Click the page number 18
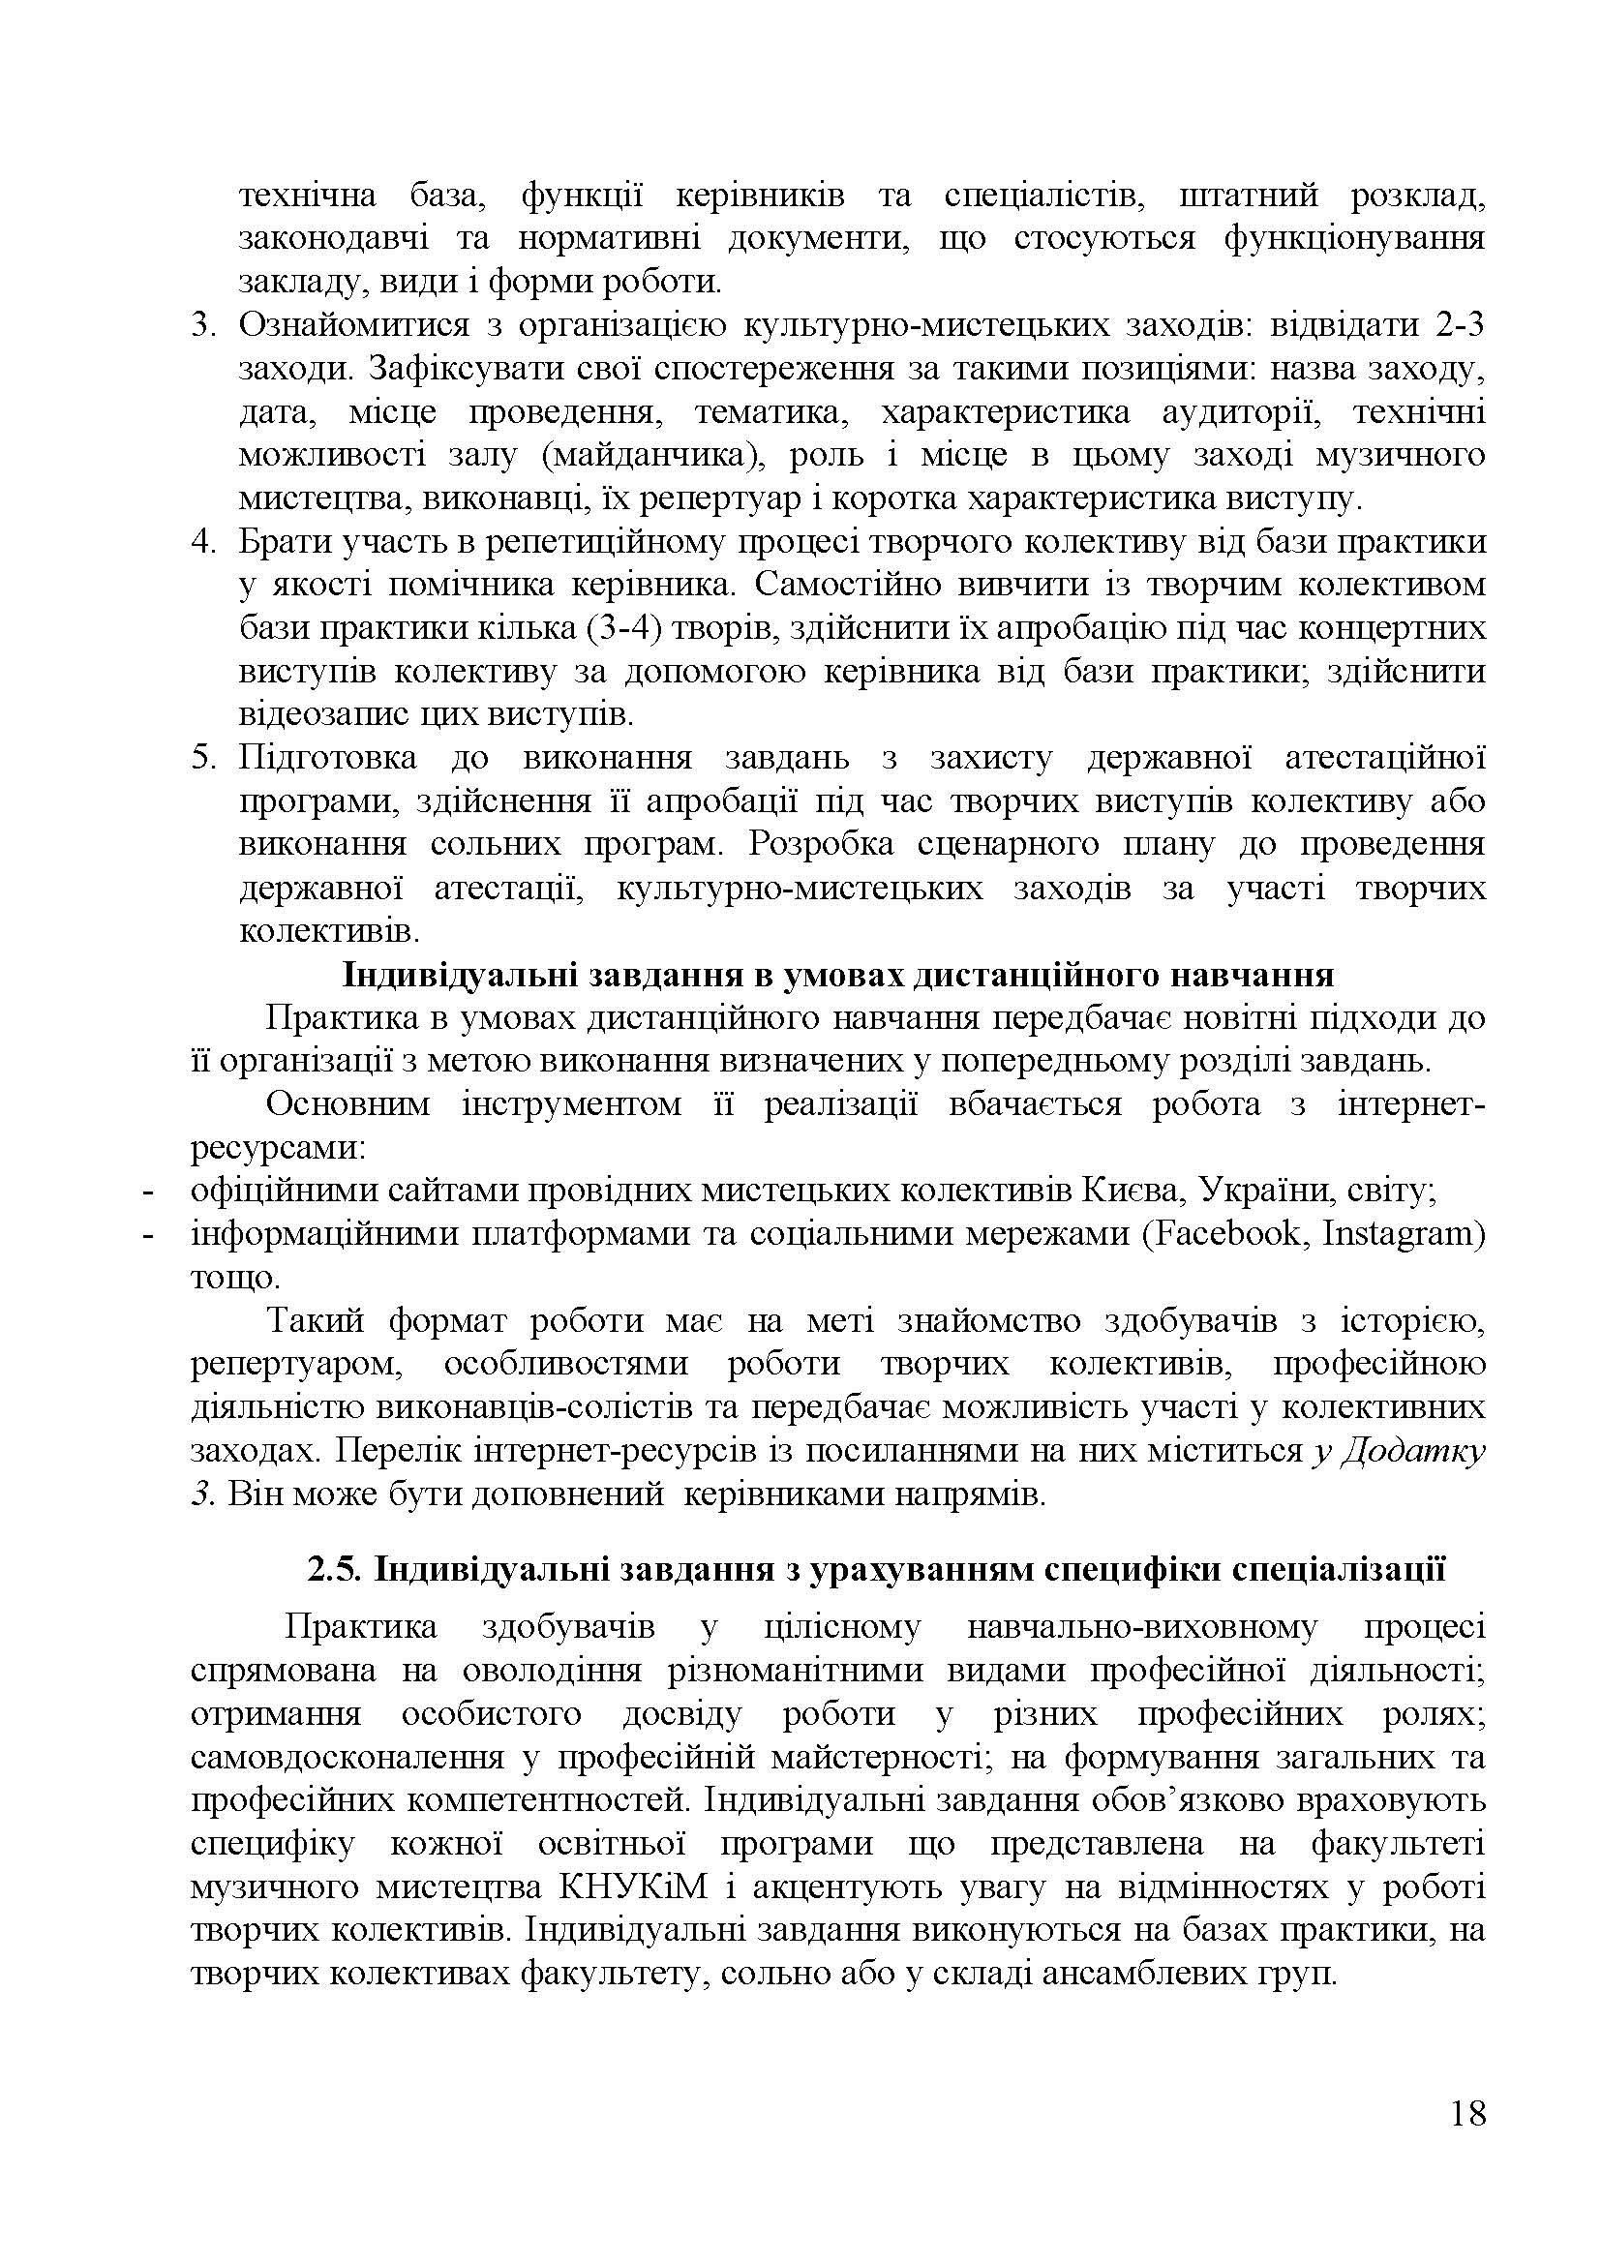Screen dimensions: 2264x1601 point(1468,2141)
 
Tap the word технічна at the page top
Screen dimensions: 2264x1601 point(308,196)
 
